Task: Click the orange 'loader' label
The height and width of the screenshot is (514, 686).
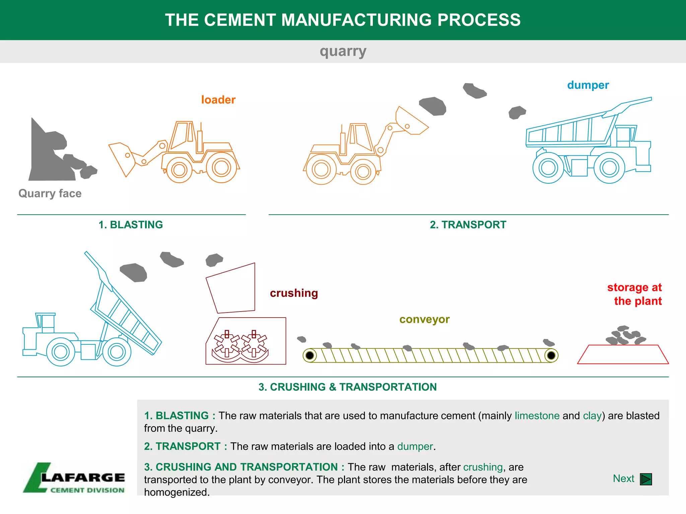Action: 218,100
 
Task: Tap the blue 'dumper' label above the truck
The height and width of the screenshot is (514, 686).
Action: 588,85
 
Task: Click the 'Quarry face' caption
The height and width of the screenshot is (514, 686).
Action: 50,193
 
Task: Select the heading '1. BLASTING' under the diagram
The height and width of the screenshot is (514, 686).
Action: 131,225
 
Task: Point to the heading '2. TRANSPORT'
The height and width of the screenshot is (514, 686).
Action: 468,225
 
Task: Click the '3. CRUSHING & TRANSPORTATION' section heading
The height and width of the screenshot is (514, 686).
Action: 347,387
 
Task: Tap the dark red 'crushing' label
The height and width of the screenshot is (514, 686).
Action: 294,293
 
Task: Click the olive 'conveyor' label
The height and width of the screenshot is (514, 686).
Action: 424,319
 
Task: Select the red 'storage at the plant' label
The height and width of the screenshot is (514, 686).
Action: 635,294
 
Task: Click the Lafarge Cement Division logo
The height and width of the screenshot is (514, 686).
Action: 74,478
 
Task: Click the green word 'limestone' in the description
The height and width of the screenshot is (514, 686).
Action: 537,416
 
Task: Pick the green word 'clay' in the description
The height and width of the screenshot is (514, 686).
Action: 592,416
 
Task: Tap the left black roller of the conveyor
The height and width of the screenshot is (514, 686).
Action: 310,355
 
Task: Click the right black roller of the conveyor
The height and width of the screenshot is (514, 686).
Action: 551,355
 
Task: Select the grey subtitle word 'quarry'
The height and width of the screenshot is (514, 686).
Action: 343,52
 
